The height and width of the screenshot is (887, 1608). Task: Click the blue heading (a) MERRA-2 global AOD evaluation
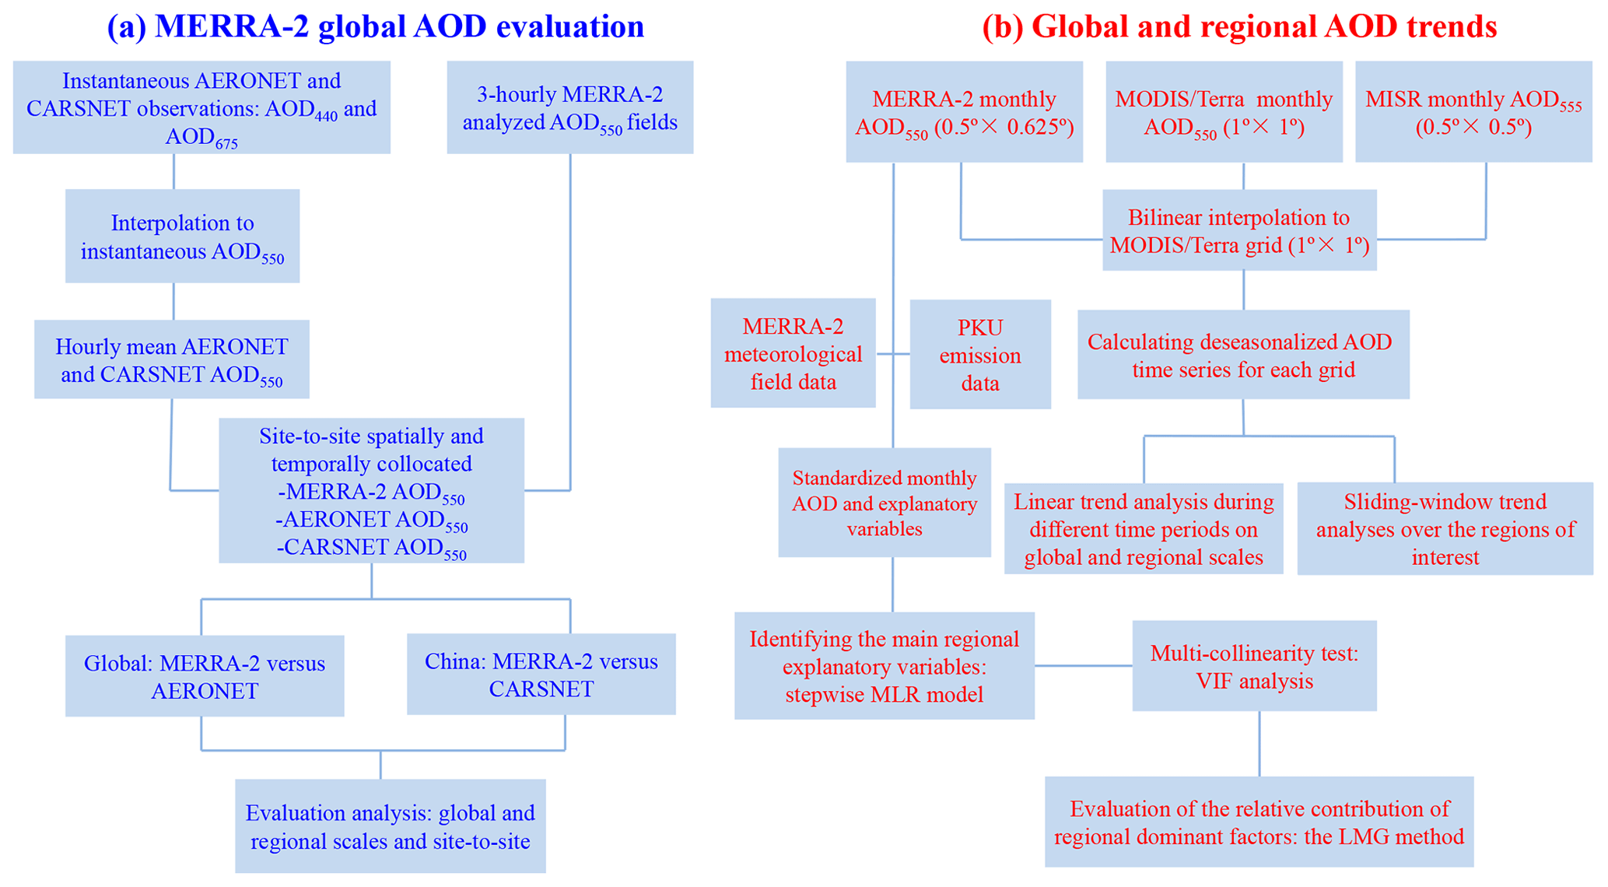(x=376, y=26)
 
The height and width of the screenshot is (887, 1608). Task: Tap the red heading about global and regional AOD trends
(x=1239, y=26)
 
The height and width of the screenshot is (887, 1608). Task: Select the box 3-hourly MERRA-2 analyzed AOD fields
(x=569, y=107)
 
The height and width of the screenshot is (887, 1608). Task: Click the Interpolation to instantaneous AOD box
(x=182, y=236)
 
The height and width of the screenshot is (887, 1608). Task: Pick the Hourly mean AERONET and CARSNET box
(x=171, y=359)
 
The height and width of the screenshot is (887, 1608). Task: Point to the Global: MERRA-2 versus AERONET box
(x=204, y=676)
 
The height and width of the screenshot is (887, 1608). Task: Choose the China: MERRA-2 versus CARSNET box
(x=541, y=675)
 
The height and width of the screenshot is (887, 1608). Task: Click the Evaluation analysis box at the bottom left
(x=390, y=826)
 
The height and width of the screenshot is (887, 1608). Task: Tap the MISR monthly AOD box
(x=1473, y=112)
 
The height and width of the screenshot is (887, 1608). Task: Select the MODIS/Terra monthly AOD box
(x=1224, y=112)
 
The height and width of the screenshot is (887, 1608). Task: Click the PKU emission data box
(x=979, y=355)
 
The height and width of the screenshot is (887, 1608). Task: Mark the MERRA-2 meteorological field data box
(x=793, y=353)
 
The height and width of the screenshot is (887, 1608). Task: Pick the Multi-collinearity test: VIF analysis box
(x=1254, y=666)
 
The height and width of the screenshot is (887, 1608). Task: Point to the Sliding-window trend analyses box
(x=1445, y=529)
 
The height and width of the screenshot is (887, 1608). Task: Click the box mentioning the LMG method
(x=1259, y=822)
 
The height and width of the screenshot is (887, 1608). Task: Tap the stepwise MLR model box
(x=884, y=666)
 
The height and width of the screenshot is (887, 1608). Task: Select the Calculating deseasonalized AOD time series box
(x=1242, y=355)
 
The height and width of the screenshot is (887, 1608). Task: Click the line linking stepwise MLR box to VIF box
(x=1083, y=666)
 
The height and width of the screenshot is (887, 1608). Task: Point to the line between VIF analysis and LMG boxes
(x=1259, y=744)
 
